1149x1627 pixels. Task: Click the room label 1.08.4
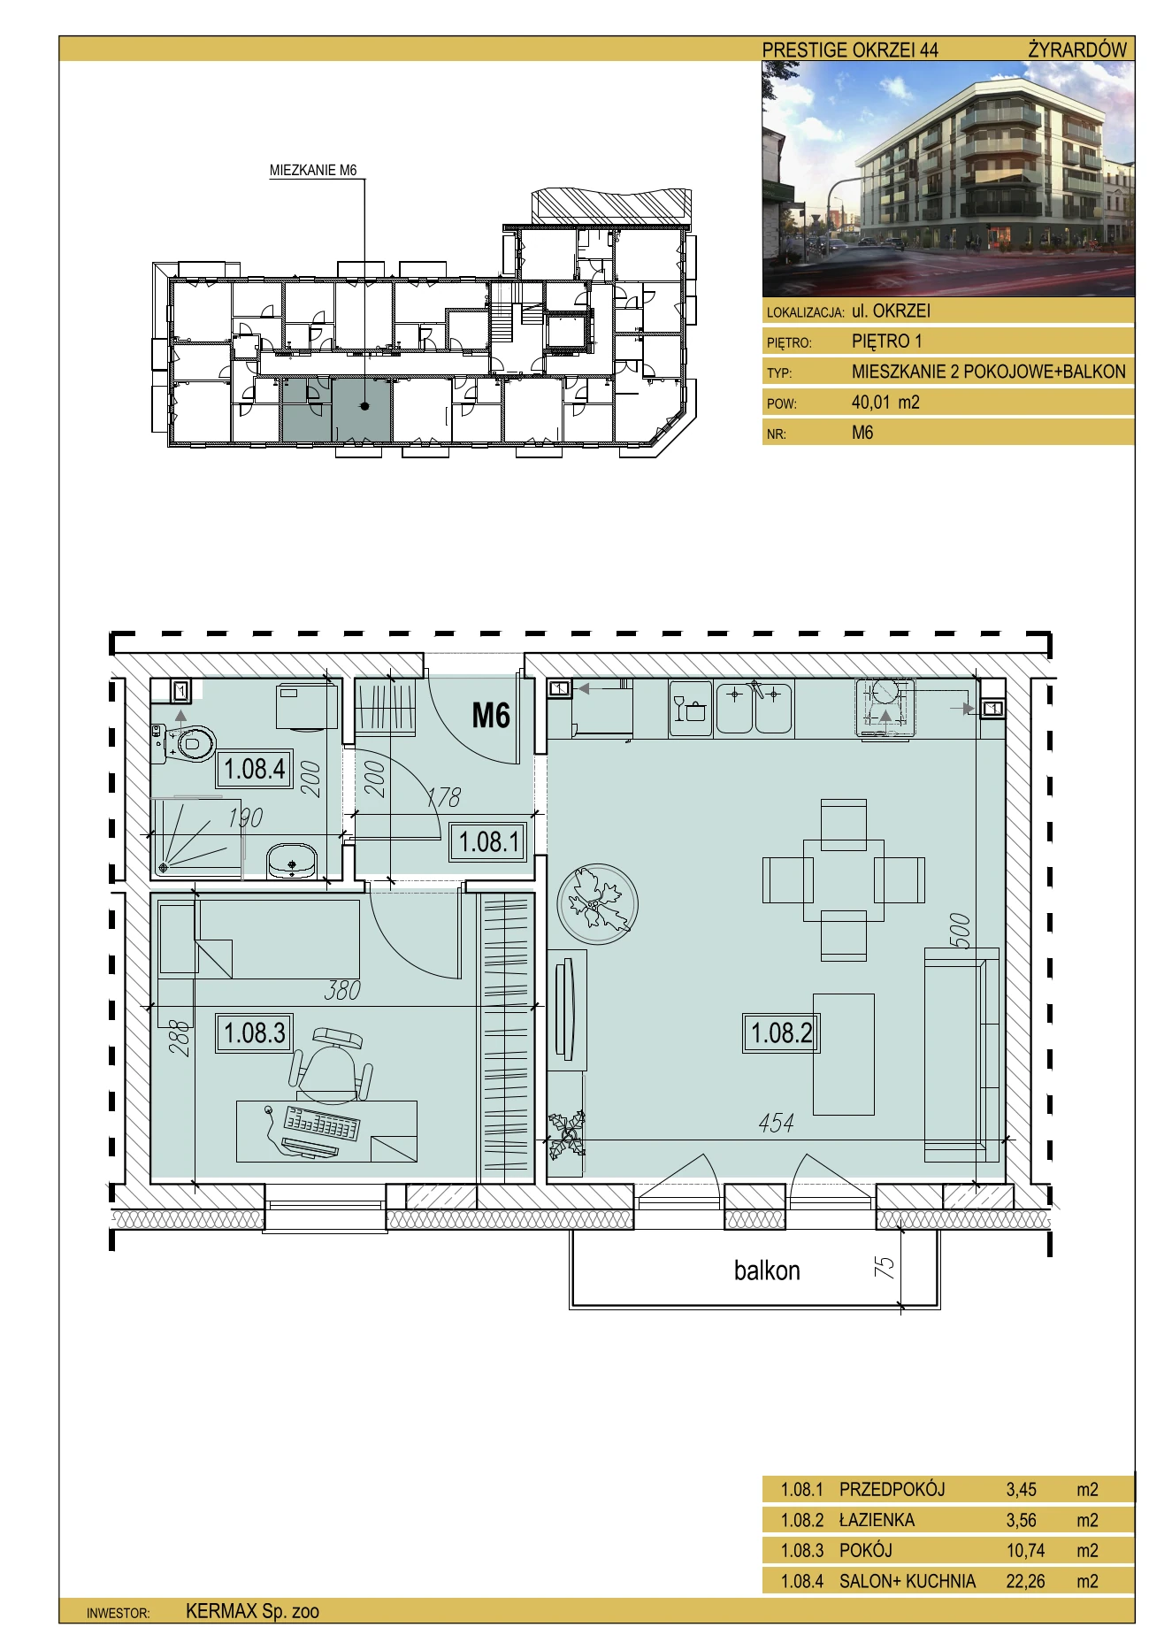[x=255, y=768]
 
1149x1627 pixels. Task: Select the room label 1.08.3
[x=255, y=1032]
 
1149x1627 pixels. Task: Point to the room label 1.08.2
[x=781, y=1032]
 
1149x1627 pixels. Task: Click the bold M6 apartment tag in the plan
[x=491, y=715]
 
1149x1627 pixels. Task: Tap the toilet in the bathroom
[x=185, y=742]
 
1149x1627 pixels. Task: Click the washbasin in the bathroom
[x=292, y=860]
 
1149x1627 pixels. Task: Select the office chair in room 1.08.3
[x=331, y=1064]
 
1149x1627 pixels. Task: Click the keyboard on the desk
[x=321, y=1124]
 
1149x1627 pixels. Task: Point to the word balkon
[x=767, y=1270]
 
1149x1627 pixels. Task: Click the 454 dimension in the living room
[x=776, y=1123]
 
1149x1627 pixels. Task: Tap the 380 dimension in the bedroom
[x=342, y=990]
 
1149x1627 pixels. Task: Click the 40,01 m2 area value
[x=885, y=403]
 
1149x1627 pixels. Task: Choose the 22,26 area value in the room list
[x=1025, y=1581]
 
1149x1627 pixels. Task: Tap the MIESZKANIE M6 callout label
[x=313, y=170]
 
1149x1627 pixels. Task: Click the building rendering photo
[x=948, y=179]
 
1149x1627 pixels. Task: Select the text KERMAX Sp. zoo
[x=252, y=1611]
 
